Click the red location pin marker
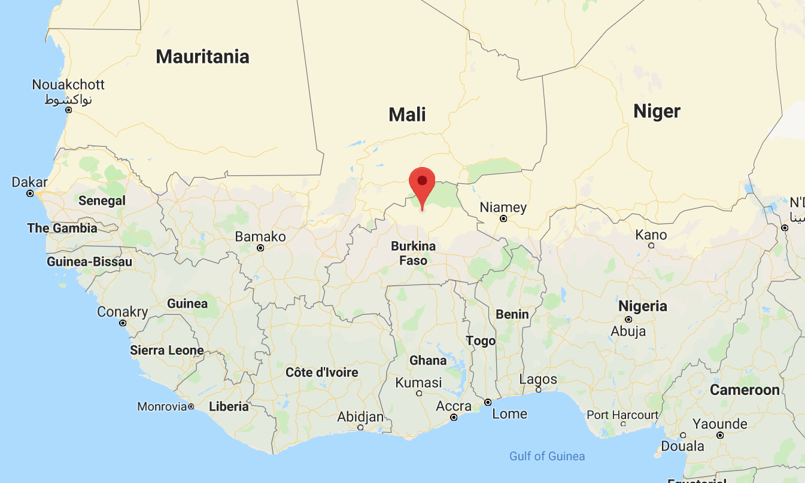point(422,183)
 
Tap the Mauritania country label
point(202,57)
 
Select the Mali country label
point(407,114)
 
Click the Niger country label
point(657,111)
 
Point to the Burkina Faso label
point(413,253)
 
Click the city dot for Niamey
point(503,218)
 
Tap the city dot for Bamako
point(260,247)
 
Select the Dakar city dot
point(30,193)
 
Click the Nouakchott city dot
point(69,110)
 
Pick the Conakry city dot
point(123,323)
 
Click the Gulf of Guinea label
point(547,456)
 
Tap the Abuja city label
point(628,331)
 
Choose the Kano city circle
point(651,245)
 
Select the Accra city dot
point(454,417)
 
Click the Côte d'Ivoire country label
point(322,372)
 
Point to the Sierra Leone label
point(167,350)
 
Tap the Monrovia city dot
point(191,406)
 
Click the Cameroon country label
point(745,390)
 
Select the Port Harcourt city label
point(622,415)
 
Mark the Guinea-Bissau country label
point(89,262)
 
